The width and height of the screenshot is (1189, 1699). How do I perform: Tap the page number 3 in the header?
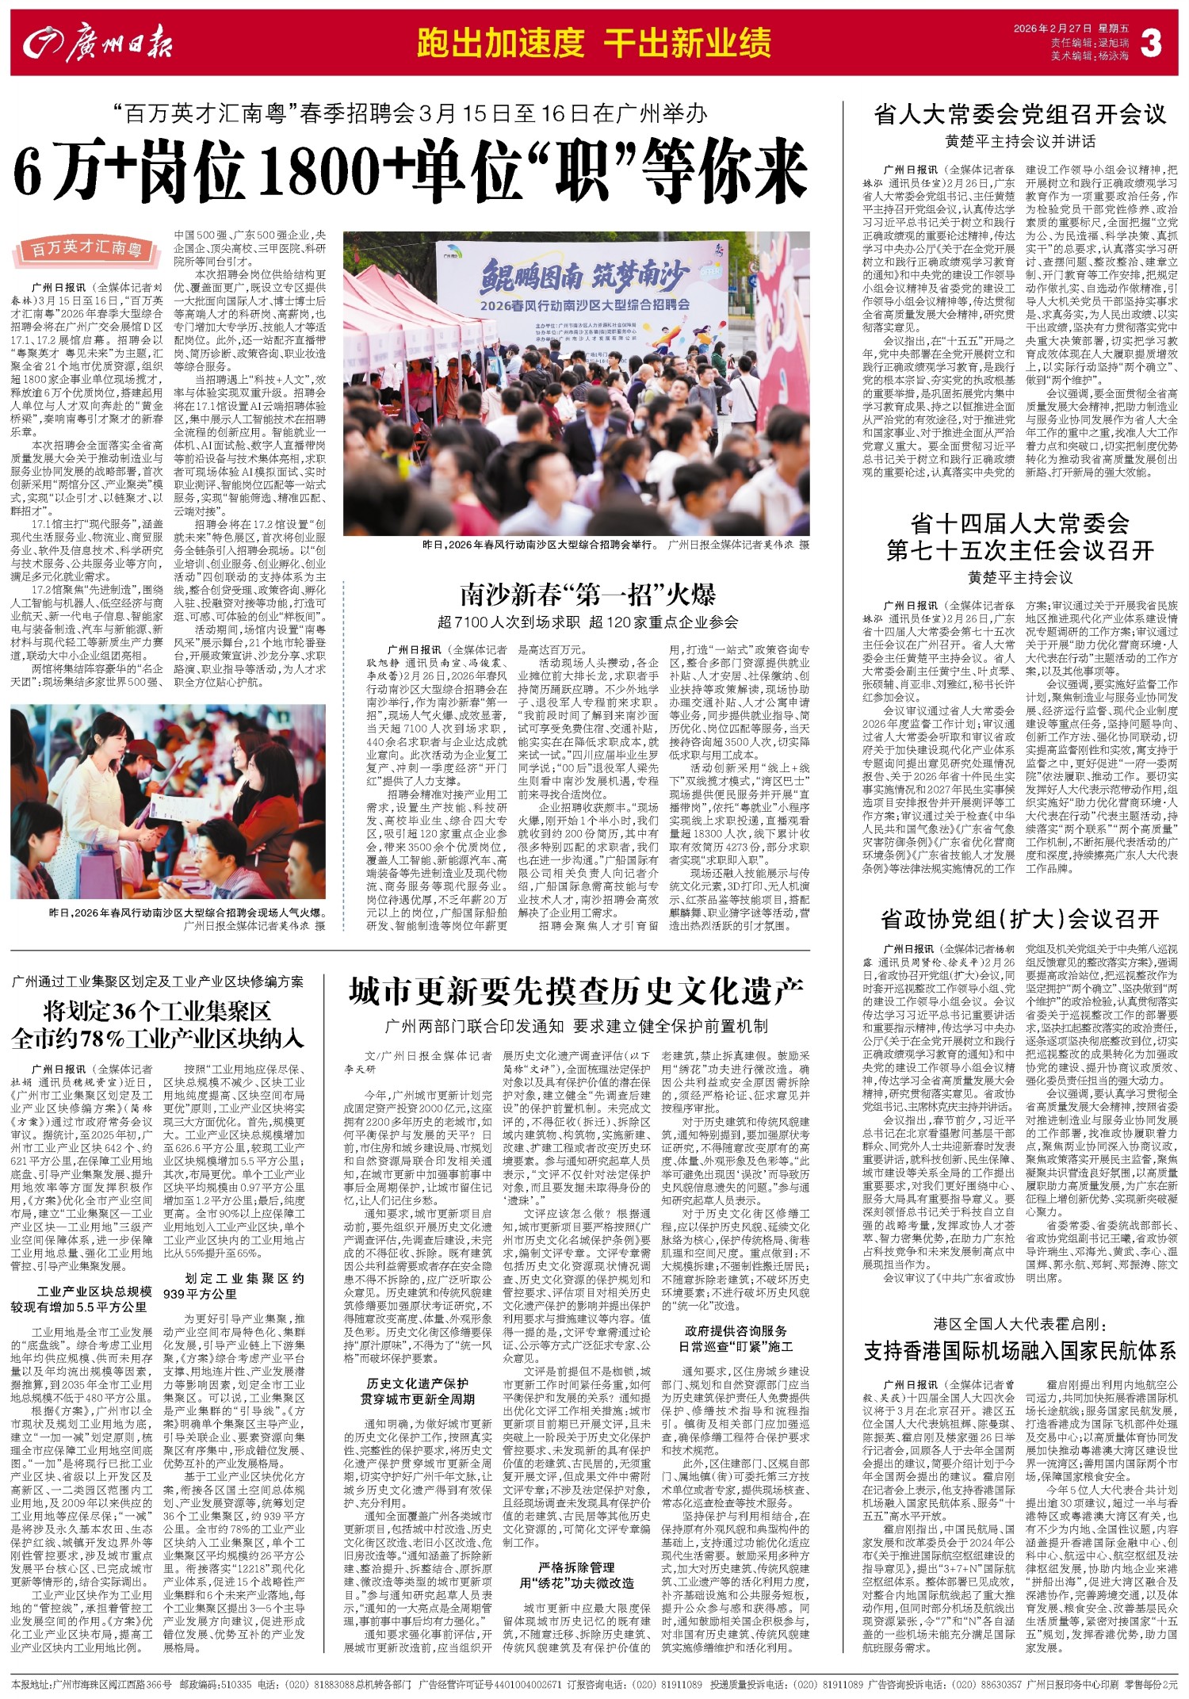pyautogui.click(x=1150, y=44)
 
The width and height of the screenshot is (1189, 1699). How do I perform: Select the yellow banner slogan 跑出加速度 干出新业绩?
pyautogui.click(x=594, y=43)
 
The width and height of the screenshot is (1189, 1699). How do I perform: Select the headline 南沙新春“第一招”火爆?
pyautogui.click(x=588, y=595)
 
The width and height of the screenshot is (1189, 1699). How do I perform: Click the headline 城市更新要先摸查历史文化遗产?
pyautogui.click(x=576, y=991)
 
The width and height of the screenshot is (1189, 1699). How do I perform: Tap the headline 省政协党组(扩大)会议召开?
pyautogui.click(x=1019, y=920)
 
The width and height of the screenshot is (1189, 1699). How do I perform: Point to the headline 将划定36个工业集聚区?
pyautogui.click(x=158, y=1012)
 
